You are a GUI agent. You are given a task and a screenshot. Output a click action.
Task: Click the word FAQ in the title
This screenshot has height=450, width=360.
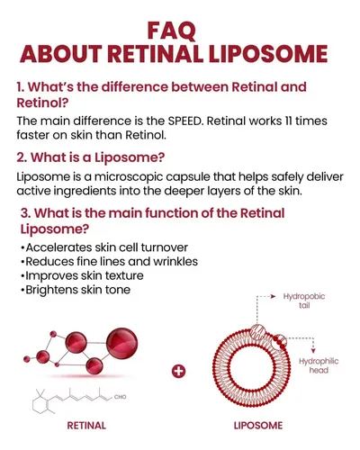172,31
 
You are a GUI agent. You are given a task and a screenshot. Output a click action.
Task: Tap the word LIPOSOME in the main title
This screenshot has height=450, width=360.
268,54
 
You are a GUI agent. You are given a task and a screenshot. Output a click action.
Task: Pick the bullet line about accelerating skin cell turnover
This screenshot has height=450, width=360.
104,247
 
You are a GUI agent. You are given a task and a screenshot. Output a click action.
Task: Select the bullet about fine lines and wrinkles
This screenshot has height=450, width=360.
110,262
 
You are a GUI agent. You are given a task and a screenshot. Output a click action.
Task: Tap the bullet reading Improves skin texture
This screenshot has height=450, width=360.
82,275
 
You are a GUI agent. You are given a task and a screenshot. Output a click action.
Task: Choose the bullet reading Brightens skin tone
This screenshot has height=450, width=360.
76,290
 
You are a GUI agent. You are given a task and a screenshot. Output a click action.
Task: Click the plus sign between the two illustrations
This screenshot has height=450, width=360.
179,372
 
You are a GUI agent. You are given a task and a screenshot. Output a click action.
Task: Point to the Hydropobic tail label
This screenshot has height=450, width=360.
304,301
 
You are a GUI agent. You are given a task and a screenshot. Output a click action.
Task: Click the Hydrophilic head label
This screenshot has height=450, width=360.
319,365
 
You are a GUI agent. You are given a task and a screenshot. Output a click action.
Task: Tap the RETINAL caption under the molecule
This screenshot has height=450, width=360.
86,426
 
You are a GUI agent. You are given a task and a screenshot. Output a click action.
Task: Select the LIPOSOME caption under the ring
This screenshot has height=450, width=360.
258,426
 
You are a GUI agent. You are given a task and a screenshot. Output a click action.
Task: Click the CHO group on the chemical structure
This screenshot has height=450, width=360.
120,397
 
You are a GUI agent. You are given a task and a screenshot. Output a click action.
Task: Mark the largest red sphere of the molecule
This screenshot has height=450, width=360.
122,344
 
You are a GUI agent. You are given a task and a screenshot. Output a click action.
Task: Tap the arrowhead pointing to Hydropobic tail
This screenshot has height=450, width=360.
273,296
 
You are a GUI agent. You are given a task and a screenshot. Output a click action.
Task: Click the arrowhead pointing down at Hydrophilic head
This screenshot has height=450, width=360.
313,351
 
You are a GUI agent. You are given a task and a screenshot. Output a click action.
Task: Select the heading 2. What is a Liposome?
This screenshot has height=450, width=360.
91,157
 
